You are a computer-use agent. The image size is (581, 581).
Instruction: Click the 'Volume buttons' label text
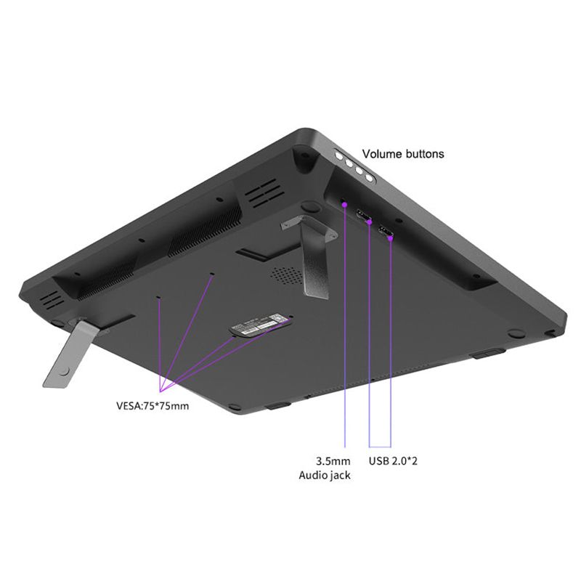(403, 154)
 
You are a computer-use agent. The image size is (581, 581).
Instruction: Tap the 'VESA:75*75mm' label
(153, 406)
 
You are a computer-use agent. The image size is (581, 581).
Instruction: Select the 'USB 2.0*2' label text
(393, 461)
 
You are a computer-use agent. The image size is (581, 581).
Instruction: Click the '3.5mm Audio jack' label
(325, 468)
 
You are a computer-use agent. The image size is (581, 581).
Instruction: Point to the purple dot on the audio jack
(344, 204)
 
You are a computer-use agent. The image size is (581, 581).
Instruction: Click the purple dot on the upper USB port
(370, 222)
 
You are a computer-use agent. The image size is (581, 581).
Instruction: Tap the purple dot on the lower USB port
(390, 238)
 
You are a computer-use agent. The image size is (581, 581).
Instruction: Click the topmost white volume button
(339, 156)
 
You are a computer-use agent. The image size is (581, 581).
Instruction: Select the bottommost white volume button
(369, 178)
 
